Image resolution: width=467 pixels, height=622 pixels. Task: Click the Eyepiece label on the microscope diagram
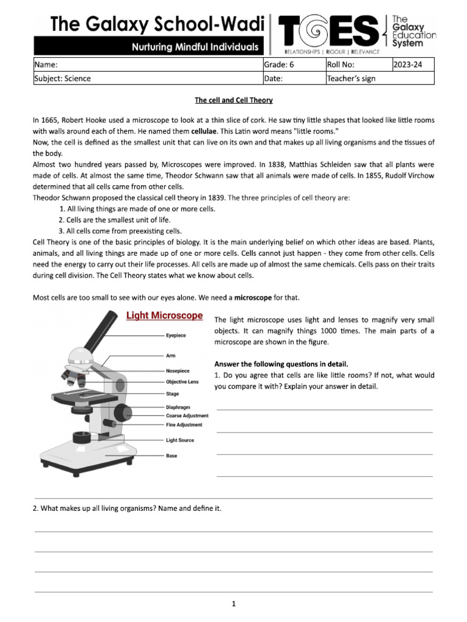tap(176, 335)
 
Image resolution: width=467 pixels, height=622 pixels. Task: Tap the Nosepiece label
tap(178, 371)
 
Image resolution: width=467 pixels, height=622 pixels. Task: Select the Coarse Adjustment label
tap(187, 415)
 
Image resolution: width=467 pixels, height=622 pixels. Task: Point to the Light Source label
tap(180, 440)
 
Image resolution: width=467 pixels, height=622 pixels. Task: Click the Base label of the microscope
tap(171, 456)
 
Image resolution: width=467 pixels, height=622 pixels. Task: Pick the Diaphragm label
tap(178, 407)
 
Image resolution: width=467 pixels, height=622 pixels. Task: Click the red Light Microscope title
tap(164, 315)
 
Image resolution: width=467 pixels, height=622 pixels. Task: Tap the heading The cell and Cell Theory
tap(233, 100)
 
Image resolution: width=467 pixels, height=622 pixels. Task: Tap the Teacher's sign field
tap(351, 78)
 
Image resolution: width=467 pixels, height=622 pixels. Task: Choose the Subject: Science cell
tap(62, 78)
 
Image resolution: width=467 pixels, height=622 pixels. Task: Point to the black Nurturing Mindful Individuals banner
tap(149, 46)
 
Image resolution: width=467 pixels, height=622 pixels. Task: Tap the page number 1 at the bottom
tap(233, 604)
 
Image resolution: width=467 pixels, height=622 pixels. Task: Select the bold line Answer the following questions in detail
tap(281, 364)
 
